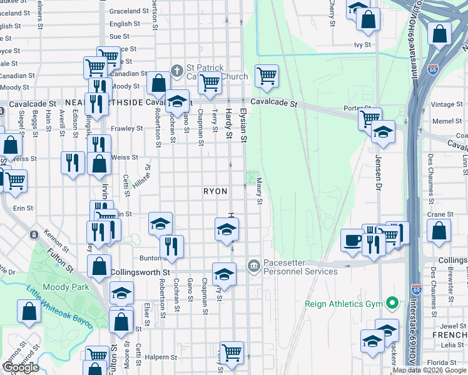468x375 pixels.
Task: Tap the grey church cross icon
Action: coord(177,71)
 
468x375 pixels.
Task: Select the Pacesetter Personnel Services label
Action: coord(300,267)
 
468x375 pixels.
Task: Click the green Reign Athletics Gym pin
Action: coord(392,304)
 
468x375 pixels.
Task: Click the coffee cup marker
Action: coord(352,240)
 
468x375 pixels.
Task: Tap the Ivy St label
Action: coord(362,45)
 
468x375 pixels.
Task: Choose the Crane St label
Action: coord(436,214)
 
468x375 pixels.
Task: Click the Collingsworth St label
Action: coord(140,272)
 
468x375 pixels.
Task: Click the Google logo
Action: coord(21,367)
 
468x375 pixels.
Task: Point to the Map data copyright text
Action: coord(429,370)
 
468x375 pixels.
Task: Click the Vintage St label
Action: coord(447,104)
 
